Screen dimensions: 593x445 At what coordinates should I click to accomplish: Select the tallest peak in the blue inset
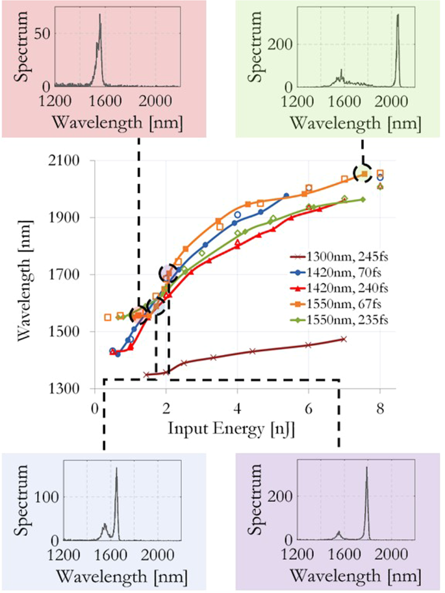point(116,469)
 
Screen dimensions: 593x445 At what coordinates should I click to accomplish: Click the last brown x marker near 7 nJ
point(344,339)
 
